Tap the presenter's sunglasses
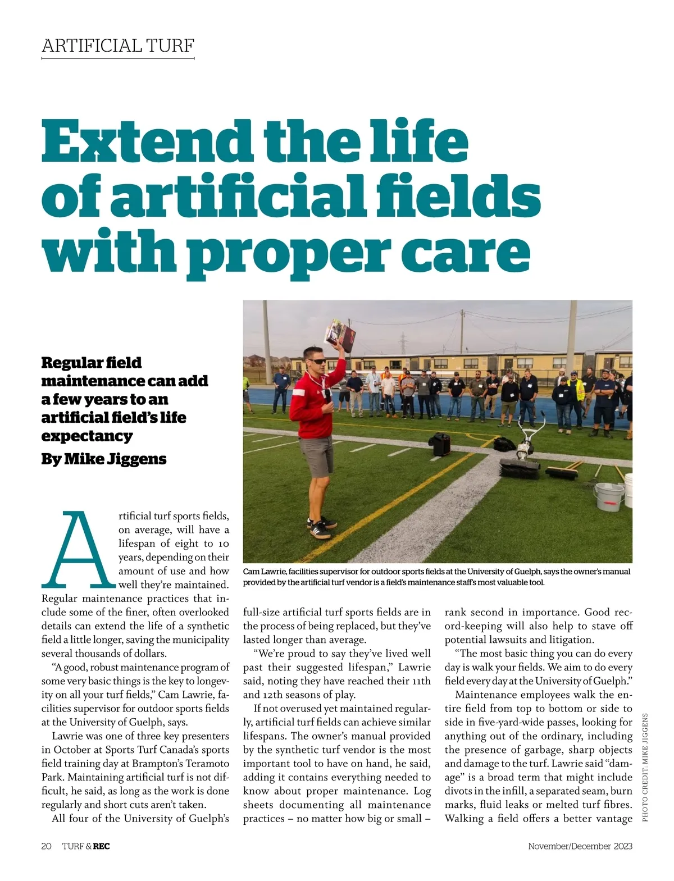click(315, 360)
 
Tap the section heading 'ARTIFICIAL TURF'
click(118, 45)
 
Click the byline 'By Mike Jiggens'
click(104, 459)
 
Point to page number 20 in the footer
click(47, 846)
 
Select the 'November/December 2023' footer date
click(580, 846)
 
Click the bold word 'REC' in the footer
click(102, 846)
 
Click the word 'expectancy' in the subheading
click(87, 436)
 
